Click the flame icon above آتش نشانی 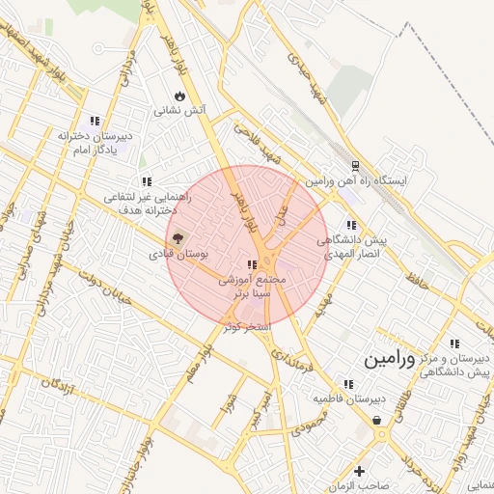click(x=180, y=96)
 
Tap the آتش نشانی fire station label click(x=180, y=111)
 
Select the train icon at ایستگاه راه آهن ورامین click(x=355, y=165)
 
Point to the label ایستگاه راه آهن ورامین click(x=357, y=180)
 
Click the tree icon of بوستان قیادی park click(x=177, y=237)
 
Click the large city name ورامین click(x=390, y=361)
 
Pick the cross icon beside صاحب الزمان click(x=359, y=472)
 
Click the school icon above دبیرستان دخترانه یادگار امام click(x=94, y=121)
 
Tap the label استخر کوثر click(x=248, y=327)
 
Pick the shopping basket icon click(x=375, y=421)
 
